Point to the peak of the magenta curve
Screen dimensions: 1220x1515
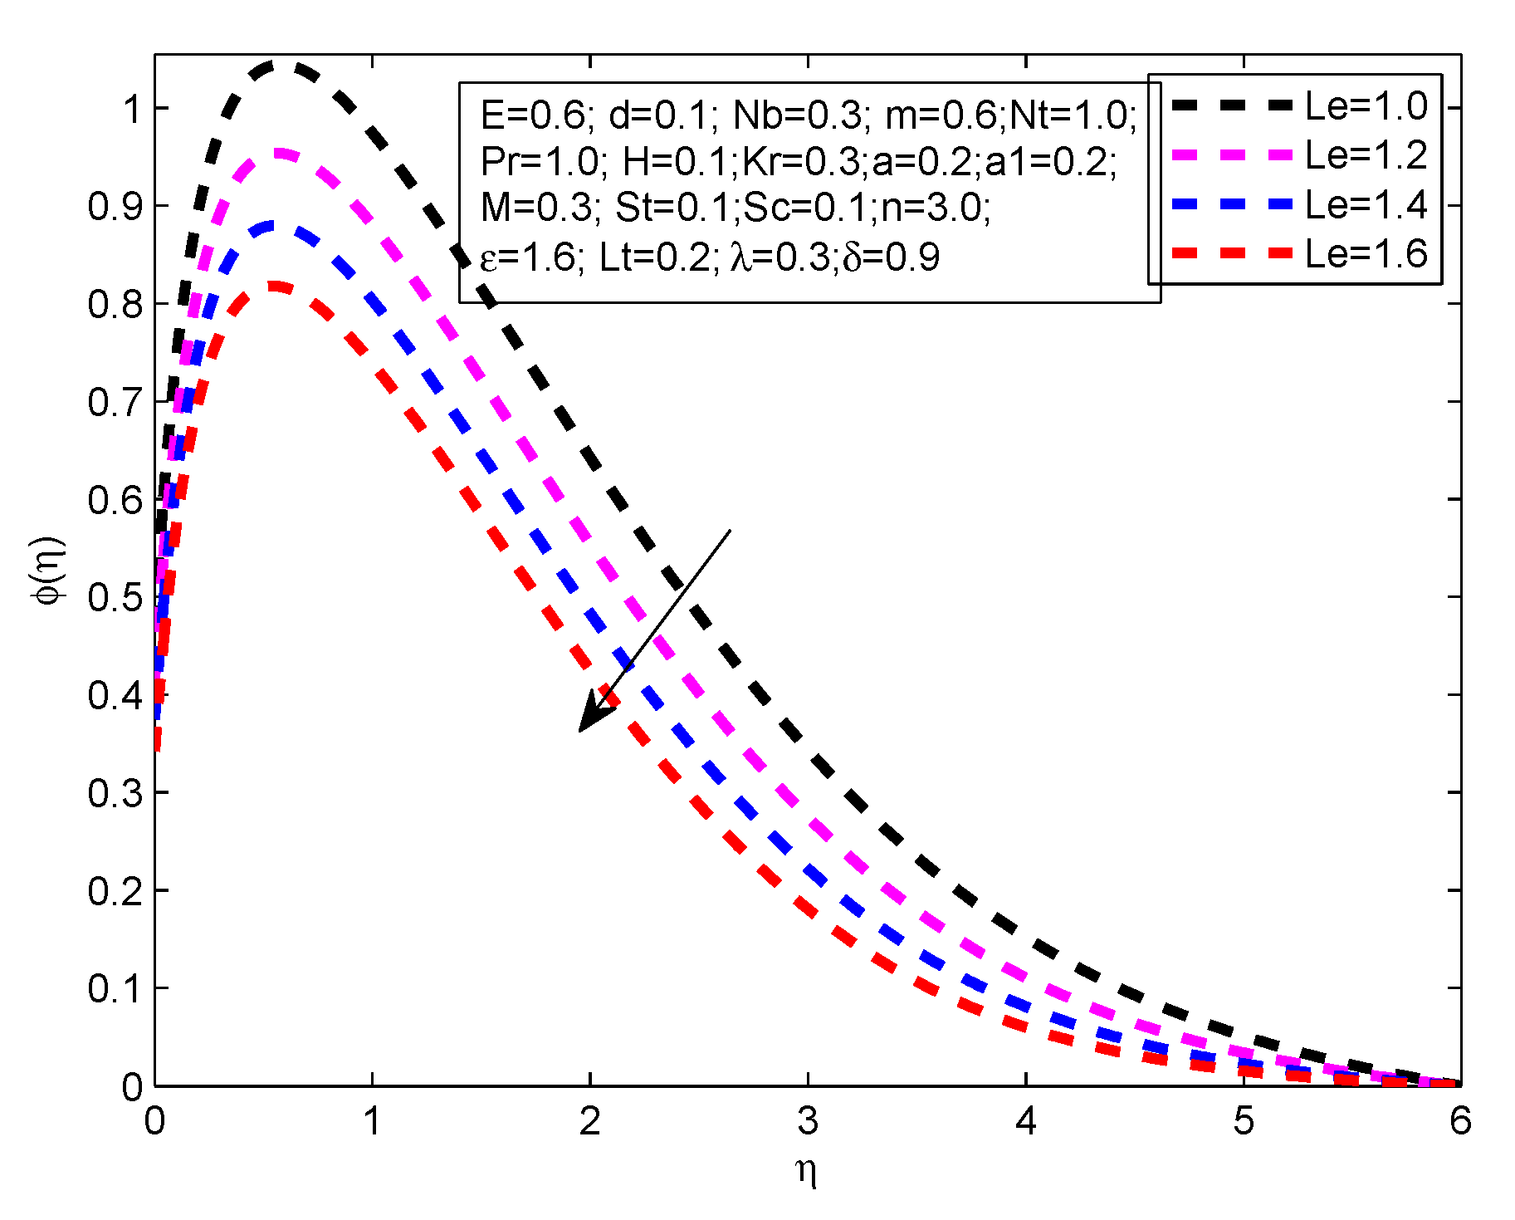280,153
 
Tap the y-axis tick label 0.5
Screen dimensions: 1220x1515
115,597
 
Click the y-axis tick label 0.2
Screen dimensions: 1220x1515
115,891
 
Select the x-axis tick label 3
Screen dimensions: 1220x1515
808,1122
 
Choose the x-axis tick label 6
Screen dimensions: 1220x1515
1460,1122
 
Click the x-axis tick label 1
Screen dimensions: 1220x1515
372,1122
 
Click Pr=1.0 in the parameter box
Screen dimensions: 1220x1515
540,161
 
